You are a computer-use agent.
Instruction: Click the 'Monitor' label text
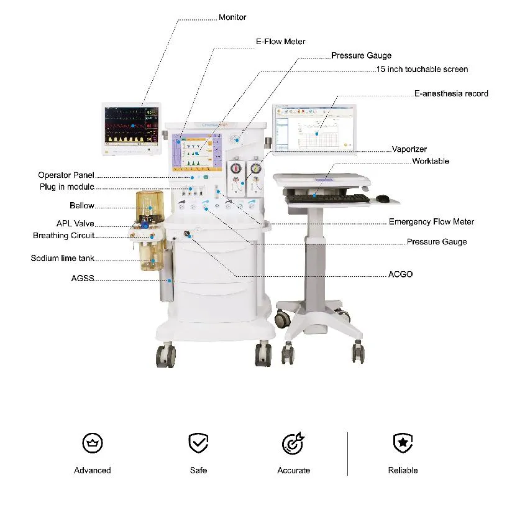[232, 17]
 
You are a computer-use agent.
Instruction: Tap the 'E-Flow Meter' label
[280, 42]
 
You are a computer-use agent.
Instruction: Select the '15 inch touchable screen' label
[422, 69]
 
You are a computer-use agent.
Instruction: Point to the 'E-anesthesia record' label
[451, 93]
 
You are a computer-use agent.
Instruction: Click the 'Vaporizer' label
[409, 149]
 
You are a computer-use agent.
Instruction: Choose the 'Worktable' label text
[431, 161]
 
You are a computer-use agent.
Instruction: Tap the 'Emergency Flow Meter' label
[431, 222]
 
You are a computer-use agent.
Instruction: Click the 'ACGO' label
[400, 274]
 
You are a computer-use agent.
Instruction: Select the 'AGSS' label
[83, 278]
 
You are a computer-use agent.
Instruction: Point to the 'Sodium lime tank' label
[62, 258]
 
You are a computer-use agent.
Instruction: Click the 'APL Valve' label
[75, 223]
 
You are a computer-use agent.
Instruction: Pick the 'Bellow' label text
[82, 206]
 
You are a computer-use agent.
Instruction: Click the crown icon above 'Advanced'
[93, 443]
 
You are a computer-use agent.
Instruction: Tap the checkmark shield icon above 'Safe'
[198, 443]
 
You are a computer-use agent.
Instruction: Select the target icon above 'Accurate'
[293, 443]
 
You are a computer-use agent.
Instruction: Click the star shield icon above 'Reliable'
[403, 443]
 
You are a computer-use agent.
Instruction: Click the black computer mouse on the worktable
[383, 198]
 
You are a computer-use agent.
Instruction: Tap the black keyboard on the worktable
[328, 198]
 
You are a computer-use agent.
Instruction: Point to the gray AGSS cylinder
[167, 275]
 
